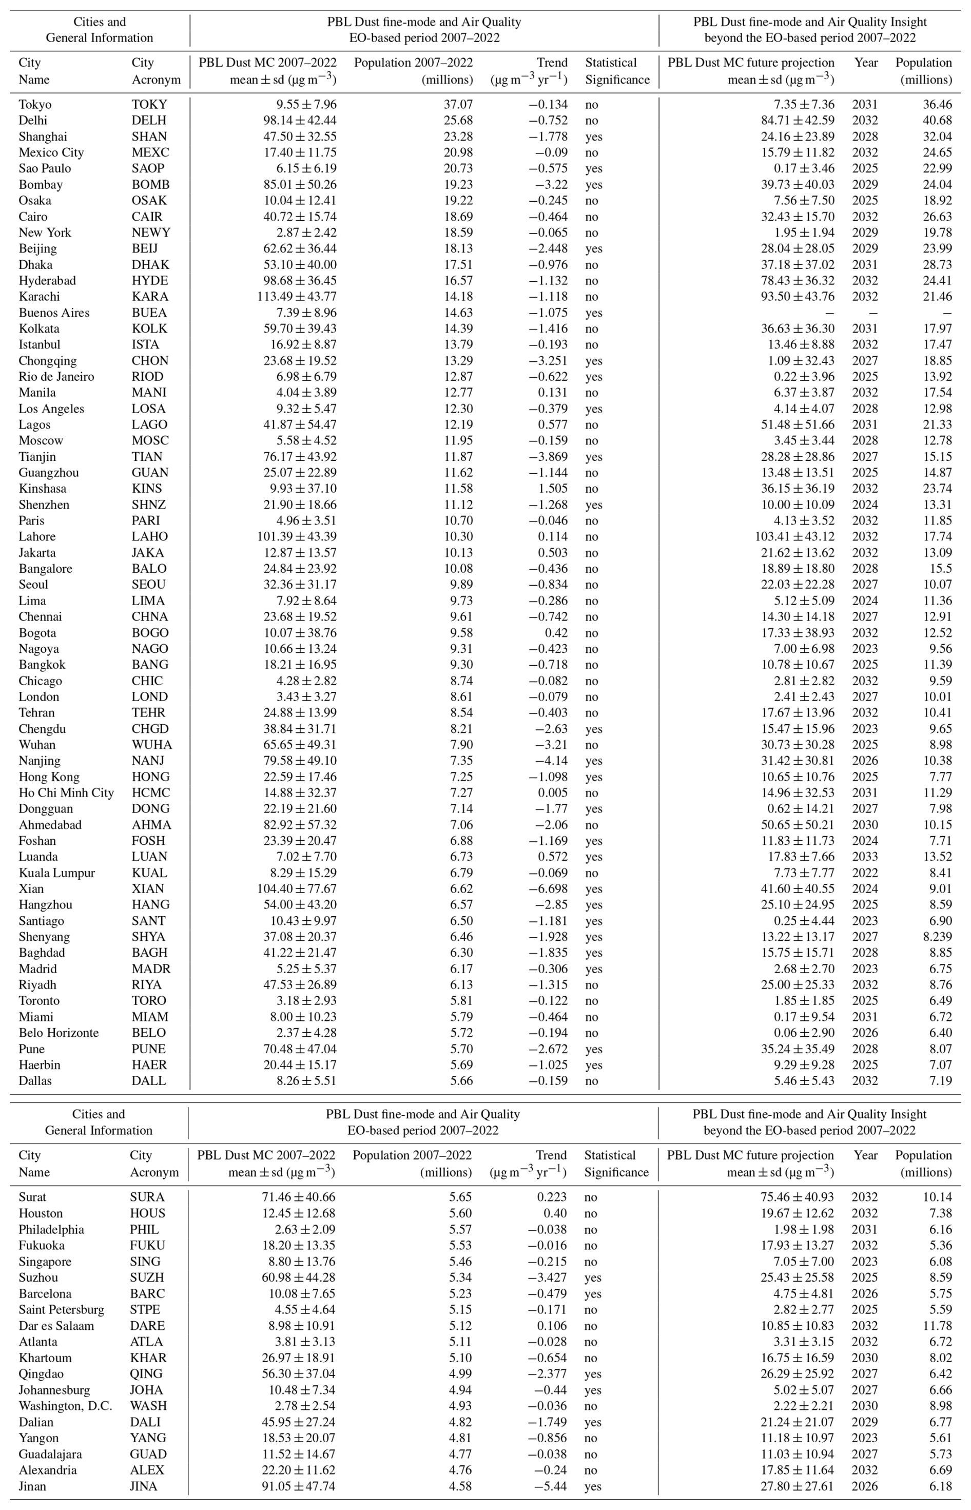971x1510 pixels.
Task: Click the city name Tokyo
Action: click(x=35, y=105)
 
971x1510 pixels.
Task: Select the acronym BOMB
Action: click(x=150, y=185)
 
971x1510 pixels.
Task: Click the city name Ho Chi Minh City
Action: click(x=66, y=793)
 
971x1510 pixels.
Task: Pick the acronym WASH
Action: click(x=148, y=1406)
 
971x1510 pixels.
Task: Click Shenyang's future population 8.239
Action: click(x=935, y=937)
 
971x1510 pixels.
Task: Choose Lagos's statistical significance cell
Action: click(x=591, y=425)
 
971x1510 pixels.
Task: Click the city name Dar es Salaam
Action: click(x=56, y=1326)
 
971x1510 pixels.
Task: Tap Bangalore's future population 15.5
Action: click(x=940, y=569)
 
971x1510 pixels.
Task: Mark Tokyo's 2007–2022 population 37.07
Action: click(x=458, y=105)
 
